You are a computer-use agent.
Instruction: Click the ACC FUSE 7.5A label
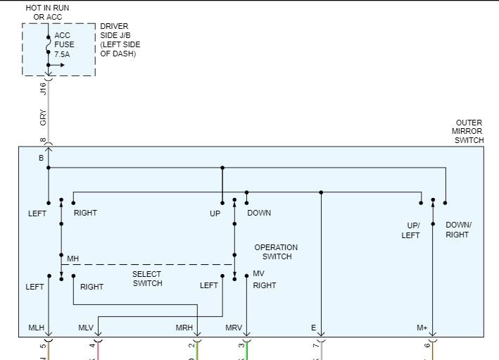coord(64,44)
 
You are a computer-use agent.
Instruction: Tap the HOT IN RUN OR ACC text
coord(48,12)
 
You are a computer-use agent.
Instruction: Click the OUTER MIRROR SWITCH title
coord(469,132)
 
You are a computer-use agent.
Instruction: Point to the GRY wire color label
coord(43,118)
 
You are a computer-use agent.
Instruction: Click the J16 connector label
coord(43,89)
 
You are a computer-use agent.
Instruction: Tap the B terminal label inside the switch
coord(41,159)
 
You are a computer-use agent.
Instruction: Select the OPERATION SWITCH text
coord(276,252)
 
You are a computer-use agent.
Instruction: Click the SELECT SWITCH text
coord(147,279)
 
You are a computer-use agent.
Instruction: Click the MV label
coord(258,273)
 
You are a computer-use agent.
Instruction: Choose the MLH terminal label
coord(37,328)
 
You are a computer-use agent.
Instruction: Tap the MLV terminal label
coord(86,328)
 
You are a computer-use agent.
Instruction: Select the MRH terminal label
coord(184,328)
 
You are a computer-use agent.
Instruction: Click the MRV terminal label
coord(234,328)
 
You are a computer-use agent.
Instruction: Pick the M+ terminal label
coord(422,328)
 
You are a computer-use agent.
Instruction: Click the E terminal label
coord(313,328)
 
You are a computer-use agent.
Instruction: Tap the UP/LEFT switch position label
coord(411,230)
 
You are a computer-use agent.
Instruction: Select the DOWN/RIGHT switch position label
coord(458,230)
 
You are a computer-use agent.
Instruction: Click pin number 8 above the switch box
coord(43,141)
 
